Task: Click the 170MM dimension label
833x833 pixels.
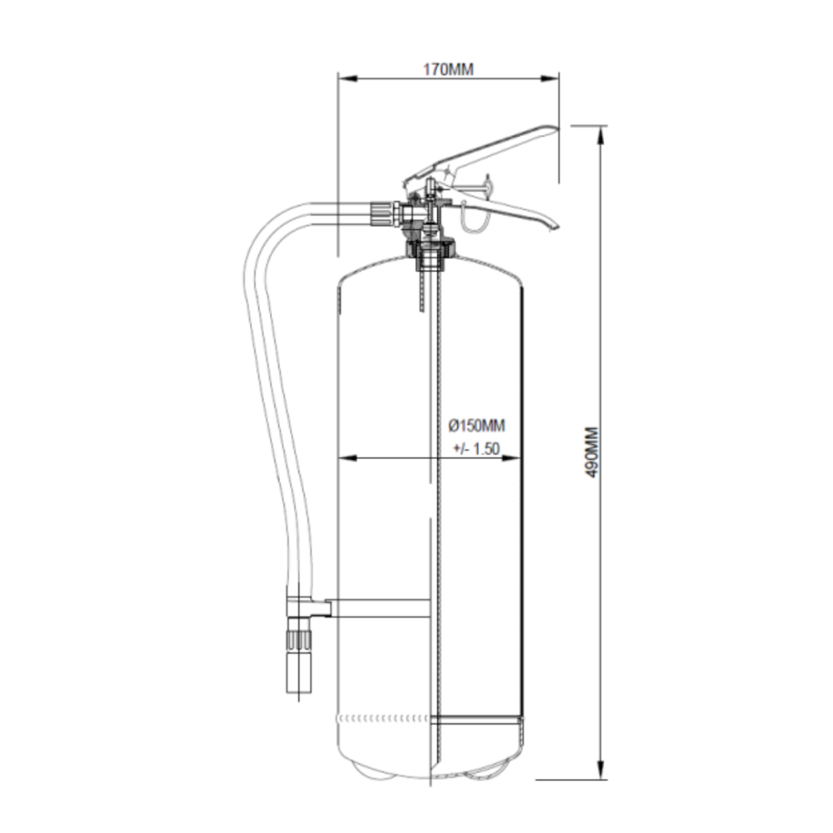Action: coord(448,70)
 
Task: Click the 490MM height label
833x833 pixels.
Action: coord(591,452)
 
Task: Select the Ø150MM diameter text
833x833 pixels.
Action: coord(476,426)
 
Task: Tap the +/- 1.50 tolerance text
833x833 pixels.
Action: coord(476,449)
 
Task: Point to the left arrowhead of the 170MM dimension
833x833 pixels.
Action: coord(347,78)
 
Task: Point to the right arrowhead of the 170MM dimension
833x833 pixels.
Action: coord(549,78)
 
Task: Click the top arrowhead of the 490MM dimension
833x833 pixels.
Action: coord(601,136)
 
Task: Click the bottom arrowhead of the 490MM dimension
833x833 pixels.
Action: coord(601,770)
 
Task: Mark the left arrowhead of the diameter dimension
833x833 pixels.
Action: coord(347,458)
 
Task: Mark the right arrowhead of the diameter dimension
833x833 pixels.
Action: coord(511,458)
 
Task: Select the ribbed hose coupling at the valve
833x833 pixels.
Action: coord(382,213)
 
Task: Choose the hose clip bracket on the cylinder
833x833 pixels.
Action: coord(309,608)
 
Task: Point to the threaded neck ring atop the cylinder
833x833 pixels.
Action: coord(431,247)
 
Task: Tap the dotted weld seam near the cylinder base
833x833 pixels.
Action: coord(382,719)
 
